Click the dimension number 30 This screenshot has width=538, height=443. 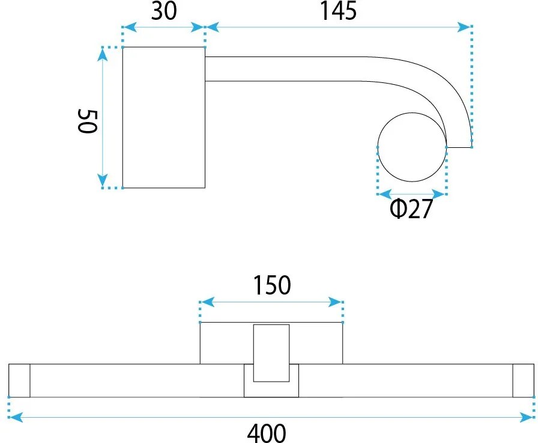pyautogui.click(x=164, y=11)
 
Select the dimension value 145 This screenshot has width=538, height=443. pyautogui.click(x=338, y=11)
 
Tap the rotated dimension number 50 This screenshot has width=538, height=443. pyautogui.click(x=87, y=121)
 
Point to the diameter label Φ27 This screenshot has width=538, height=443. pyautogui.click(x=411, y=209)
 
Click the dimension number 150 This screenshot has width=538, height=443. pyautogui.click(x=272, y=285)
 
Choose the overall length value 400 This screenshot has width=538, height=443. pyautogui.click(x=267, y=433)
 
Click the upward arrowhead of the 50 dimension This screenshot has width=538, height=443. pyautogui.click(x=102, y=55)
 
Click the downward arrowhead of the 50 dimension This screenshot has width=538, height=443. pyautogui.click(x=102, y=180)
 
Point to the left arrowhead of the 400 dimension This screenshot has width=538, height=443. pyautogui.click(x=16, y=418)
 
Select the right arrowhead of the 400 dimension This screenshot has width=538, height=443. pyautogui.click(x=527, y=418)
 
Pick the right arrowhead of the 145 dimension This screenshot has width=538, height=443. pyautogui.click(x=464, y=27)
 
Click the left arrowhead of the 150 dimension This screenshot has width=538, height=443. pyautogui.click(x=208, y=302)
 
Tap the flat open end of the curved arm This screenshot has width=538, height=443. pyautogui.click(x=459, y=148)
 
